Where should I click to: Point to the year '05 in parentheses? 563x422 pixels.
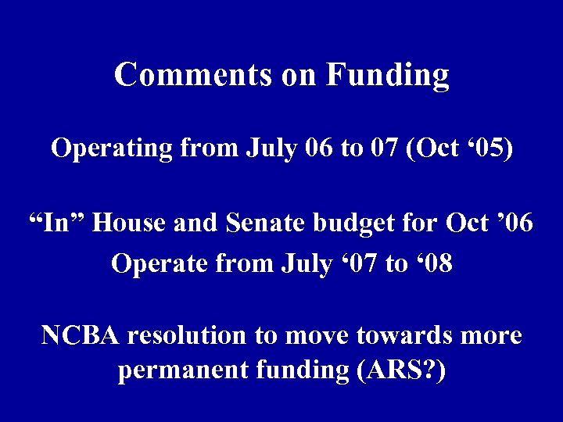tap(493, 148)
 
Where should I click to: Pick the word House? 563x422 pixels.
tap(133, 223)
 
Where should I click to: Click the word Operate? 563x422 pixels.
tap(156, 264)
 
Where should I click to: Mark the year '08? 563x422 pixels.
tap(433, 263)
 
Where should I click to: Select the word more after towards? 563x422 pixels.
tap(491, 335)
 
